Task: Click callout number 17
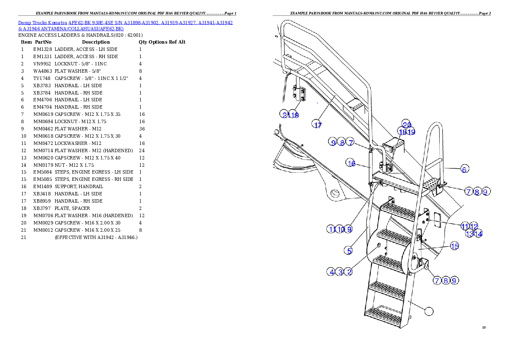pyautogui.click(x=318, y=125)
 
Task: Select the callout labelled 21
pyautogui.click(x=285, y=114)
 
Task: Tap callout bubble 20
pyautogui.click(x=406, y=124)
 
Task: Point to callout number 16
pyautogui.click(x=351, y=163)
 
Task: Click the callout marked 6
pyautogui.click(x=464, y=169)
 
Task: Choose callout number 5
pyautogui.click(x=349, y=251)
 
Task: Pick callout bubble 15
pyautogui.click(x=454, y=246)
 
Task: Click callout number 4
pyautogui.click(x=331, y=271)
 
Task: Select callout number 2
pyautogui.click(x=349, y=271)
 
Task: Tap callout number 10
pyautogui.click(x=340, y=229)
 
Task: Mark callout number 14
pyautogui.click(x=478, y=234)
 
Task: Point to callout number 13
pyautogui.click(x=470, y=234)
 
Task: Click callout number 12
pyautogui.click(x=474, y=226)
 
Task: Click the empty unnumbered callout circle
pyautogui.click(x=429, y=311)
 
